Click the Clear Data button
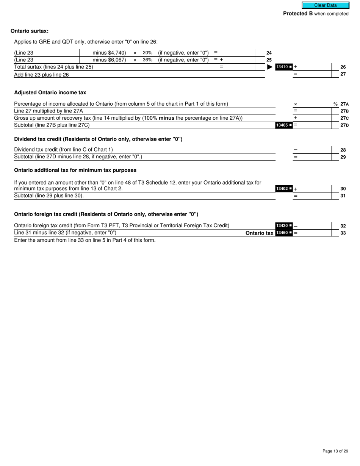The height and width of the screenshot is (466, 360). pyautogui.click(x=325, y=5)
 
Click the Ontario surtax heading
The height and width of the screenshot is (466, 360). pyautogui.click(x=30, y=31)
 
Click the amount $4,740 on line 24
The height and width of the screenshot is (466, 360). pyautogui.click(x=117, y=53)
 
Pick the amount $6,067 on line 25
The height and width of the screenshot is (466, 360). pyautogui.click(x=117, y=60)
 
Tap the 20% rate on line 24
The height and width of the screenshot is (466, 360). pyautogui.click(x=147, y=53)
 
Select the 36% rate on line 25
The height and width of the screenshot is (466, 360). pyautogui.click(x=147, y=60)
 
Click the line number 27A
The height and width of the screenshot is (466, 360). pyautogui.click(x=344, y=104)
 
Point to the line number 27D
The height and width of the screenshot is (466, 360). pyautogui.click(x=344, y=125)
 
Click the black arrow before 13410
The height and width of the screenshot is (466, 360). pyautogui.click(x=270, y=67)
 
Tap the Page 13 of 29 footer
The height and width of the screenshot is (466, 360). pyautogui.click(x=335, y=451)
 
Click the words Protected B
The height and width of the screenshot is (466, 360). pyautogui.click(x=298, y=14)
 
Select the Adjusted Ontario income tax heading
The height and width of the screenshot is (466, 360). pyautogui.click(x=50, y=92)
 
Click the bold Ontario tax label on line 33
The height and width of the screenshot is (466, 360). pyautogui.click(x=259, y=233)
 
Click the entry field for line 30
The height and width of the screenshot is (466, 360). pyautogui.click(x=315, y=189)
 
